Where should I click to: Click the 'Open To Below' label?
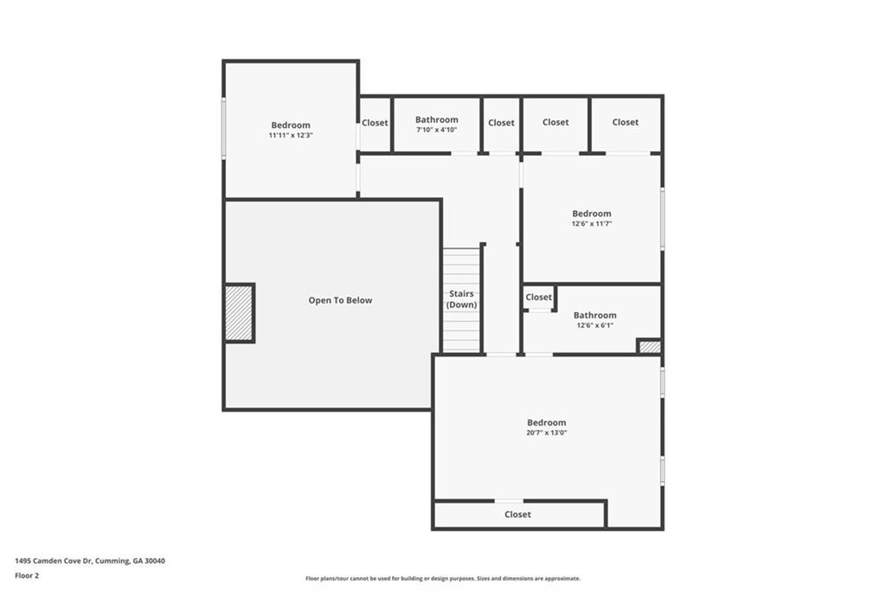(x=340, y=300)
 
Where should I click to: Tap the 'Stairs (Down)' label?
(x=461, y=299)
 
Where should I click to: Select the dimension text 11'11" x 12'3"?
(x=290, y=135)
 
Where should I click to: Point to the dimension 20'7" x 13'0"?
(x=546, y=433)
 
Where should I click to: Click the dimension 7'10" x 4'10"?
(x=436, y=130)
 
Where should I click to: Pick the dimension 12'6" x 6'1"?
(x=594, y=325)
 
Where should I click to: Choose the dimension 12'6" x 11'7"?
(x=591, y=223)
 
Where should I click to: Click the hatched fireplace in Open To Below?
(x=239, y=312)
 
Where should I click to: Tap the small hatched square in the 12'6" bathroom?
(x=650, y=346)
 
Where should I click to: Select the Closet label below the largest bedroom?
(x=517, y=514)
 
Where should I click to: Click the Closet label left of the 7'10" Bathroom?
(x=375, y=123)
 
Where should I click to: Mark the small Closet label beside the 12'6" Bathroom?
(x=538, y=297)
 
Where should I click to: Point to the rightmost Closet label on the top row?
(x=625, y=122)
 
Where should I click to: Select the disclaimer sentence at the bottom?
(x=442, y=578)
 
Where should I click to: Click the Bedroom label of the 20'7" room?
(x=546, y=422)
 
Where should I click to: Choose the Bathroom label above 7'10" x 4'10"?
(x=436, y=119)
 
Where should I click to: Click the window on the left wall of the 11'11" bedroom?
(x=223, y=128)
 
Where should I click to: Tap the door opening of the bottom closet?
(x=509, y=501)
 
